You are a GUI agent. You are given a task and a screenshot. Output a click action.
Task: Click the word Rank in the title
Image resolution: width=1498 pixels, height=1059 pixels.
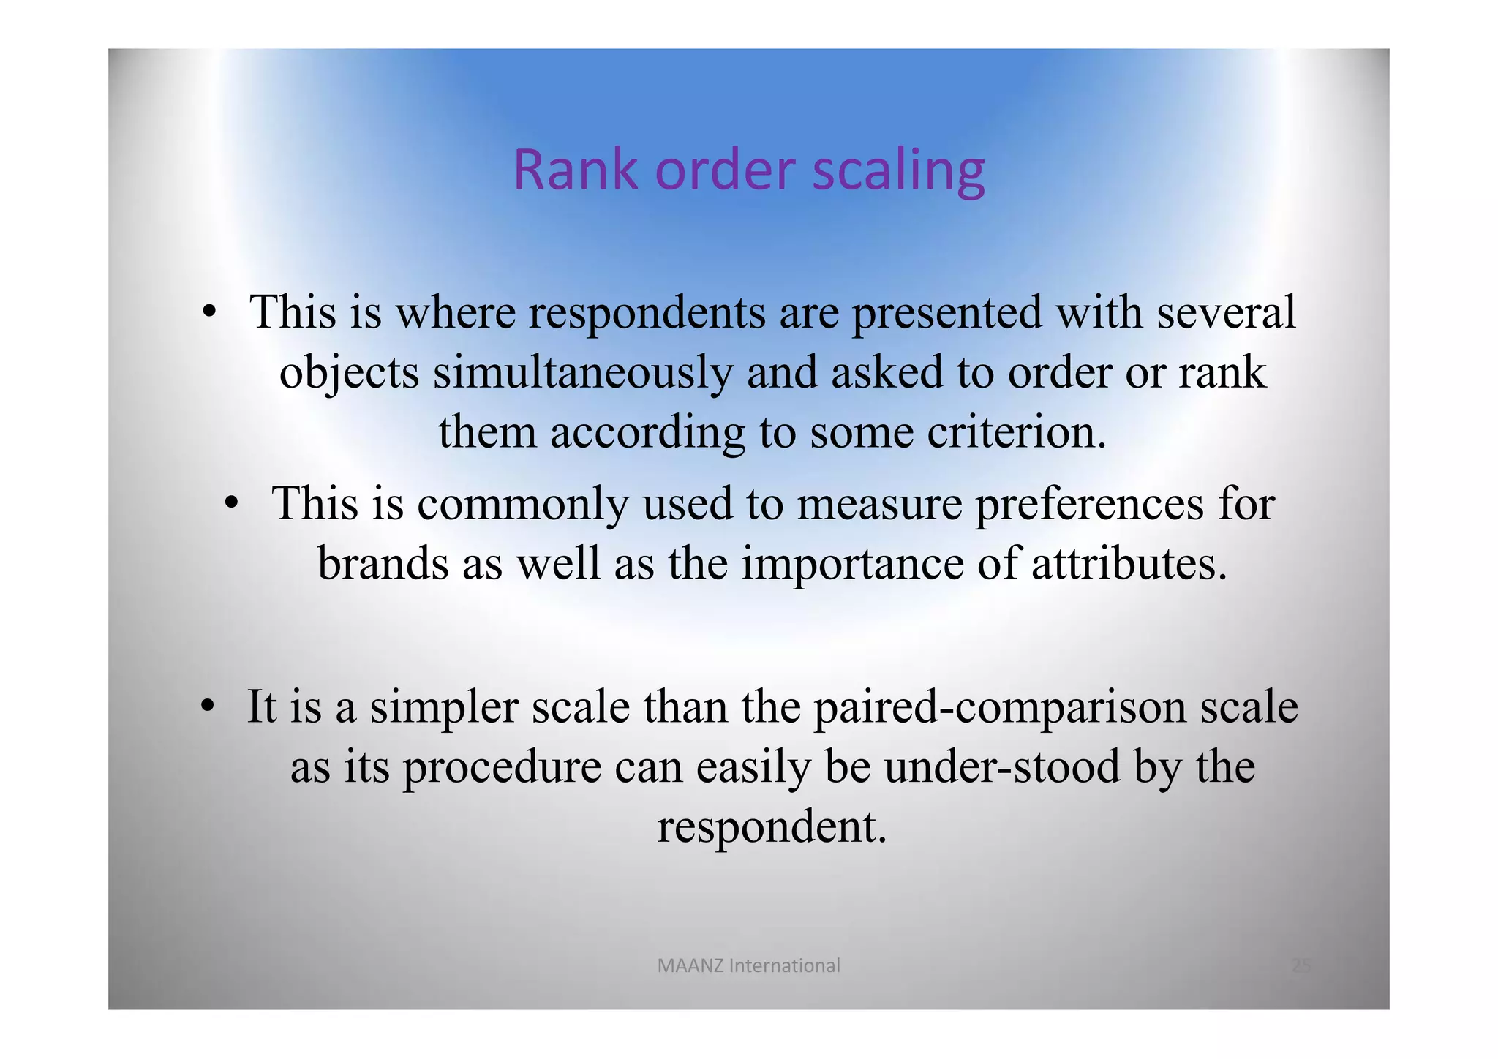(575, 170)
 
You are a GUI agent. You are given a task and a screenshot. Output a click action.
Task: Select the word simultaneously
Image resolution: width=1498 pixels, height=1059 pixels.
(582, 373)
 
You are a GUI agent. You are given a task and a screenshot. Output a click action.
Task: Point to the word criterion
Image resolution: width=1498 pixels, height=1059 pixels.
(1016, 432)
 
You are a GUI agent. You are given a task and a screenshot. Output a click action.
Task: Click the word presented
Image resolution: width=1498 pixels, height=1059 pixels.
(946, 313)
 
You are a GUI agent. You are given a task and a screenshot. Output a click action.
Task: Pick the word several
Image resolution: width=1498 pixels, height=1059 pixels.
(1226, 312)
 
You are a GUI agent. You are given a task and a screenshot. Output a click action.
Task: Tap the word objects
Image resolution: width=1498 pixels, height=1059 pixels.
(350, 373)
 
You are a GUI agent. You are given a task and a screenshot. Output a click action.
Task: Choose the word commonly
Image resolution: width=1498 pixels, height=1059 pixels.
(523, 504)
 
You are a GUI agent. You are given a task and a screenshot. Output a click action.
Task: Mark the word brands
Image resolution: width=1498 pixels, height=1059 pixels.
(383, 564)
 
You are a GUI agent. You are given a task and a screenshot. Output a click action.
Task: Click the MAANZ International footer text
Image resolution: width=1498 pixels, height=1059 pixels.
(748, 966)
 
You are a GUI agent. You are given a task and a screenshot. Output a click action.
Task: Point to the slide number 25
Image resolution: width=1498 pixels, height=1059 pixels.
(1301, 966)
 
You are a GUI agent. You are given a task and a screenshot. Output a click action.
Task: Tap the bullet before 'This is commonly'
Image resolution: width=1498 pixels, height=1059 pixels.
(232, 504)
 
